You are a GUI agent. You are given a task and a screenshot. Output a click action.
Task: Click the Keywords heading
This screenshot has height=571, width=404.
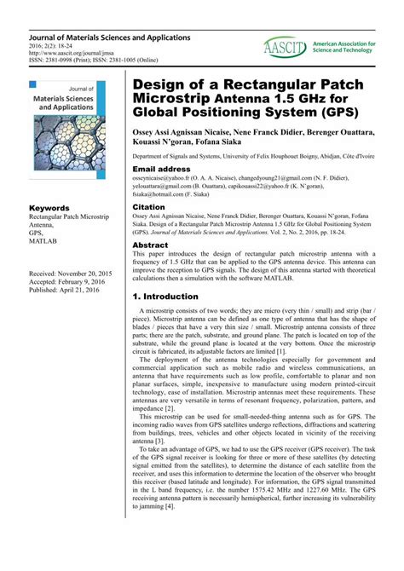[49, 208]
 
